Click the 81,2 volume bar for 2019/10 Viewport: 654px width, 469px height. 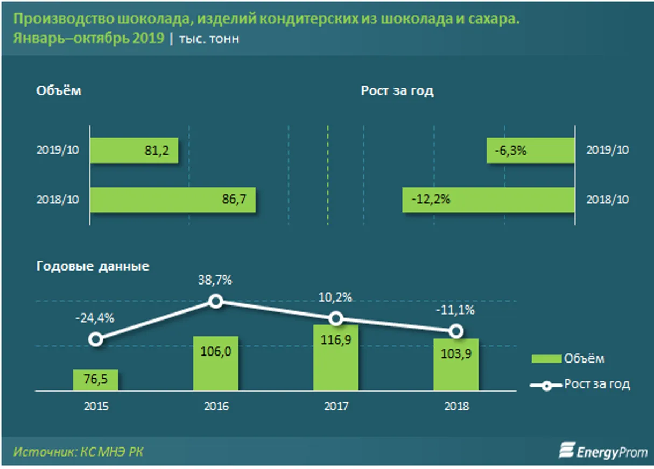coord(133,151)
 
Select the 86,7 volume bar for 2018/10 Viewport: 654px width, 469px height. coord(172,200)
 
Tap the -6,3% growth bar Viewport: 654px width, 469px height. coord(531,151)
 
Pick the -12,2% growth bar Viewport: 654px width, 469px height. coord(488,200)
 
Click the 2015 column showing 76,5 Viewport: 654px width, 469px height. coord(95,380)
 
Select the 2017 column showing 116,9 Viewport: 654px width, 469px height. coord(336,358)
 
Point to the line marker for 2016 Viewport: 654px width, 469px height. coord(216,301)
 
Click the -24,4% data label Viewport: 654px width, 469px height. coord(95,318)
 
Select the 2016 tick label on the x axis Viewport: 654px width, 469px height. coord(216,406)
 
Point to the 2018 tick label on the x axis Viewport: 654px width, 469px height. coord(456,406)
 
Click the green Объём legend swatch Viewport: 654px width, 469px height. coord(545,359)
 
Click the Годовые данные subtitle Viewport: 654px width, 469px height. coord(93,266)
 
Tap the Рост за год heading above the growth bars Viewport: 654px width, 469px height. coord(397,91)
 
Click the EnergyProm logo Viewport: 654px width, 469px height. coord(603,451)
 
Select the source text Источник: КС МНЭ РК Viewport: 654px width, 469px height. coord(79,452)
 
